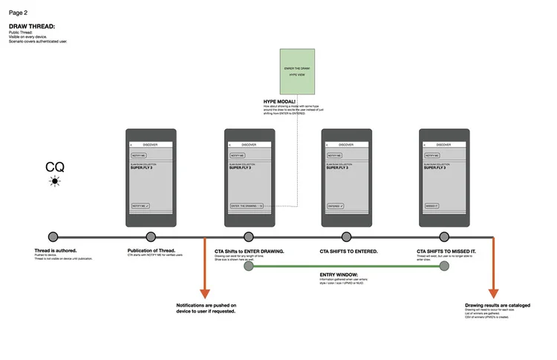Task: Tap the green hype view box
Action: (296, 71)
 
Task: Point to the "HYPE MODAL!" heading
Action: (279, 101)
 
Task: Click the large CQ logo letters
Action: (55, 167)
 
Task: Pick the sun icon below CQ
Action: (54, 181)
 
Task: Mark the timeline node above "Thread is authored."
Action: (53, 237)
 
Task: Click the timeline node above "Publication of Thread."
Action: (152, 237)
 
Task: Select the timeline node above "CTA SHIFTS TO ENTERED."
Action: (346, 237)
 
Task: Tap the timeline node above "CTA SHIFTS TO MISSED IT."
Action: (443, 237)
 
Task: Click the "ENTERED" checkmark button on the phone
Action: (336, 206)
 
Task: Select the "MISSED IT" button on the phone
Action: (432, 206)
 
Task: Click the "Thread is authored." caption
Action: (56, 251)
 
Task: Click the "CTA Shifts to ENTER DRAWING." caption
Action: (249, 251)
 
